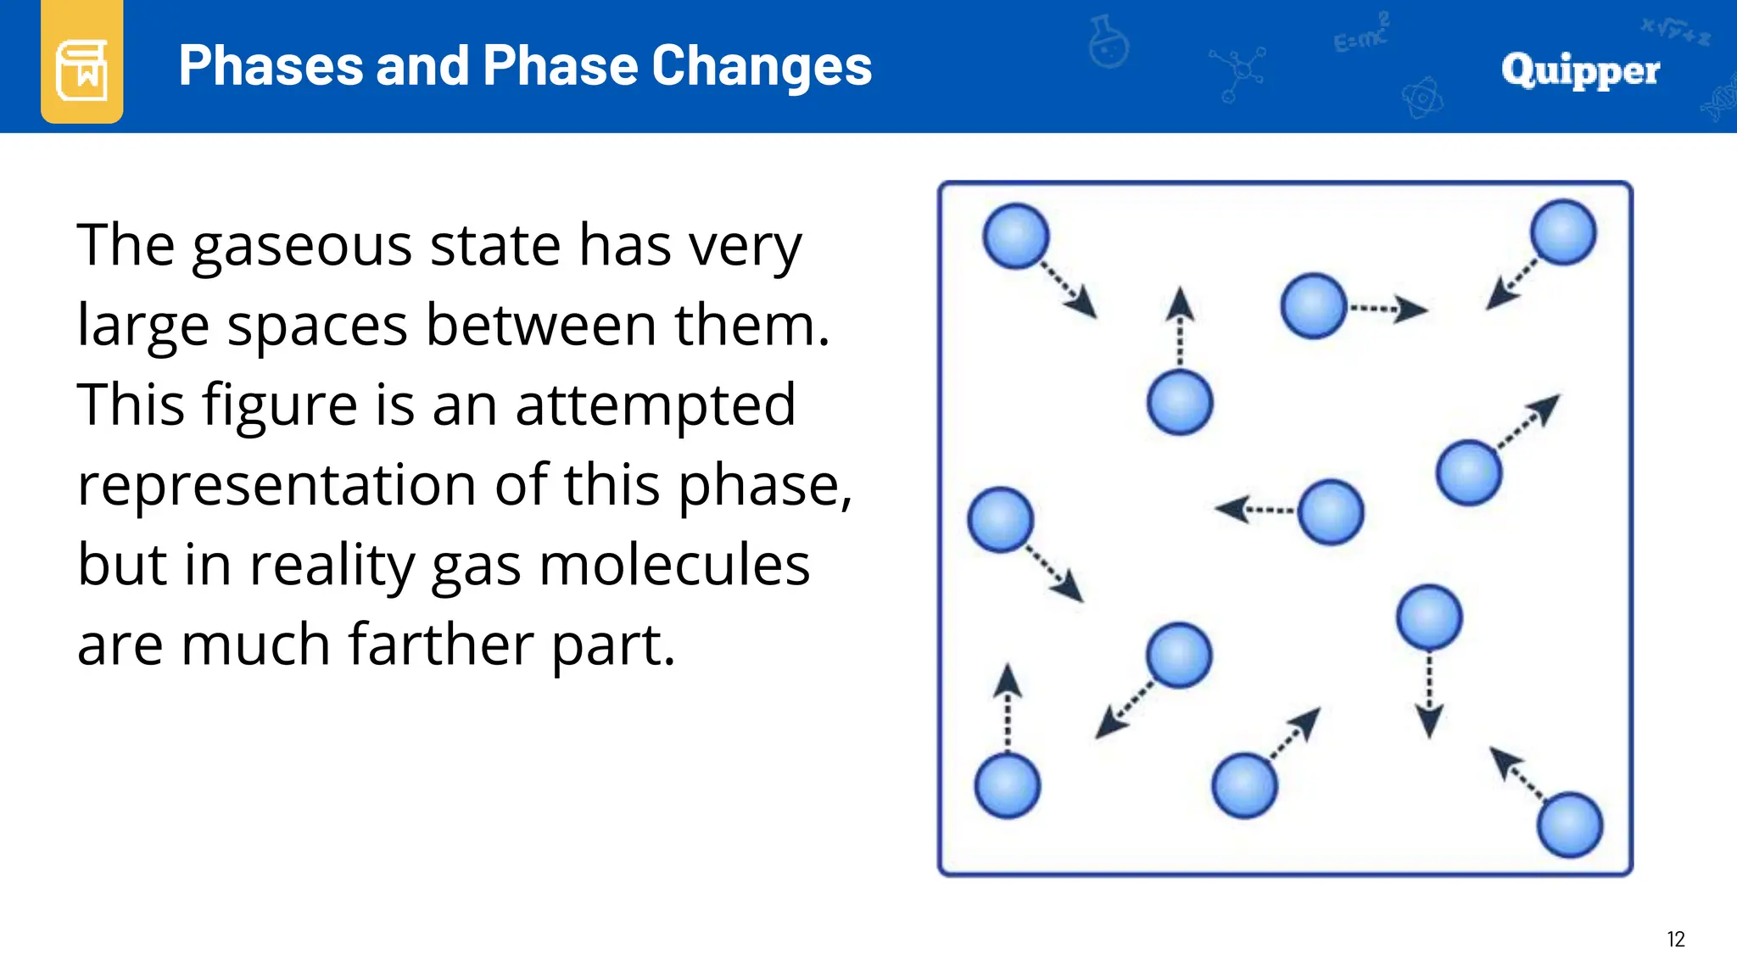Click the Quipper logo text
point(1579,70)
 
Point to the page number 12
point(1675,939)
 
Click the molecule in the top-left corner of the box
point(1015,236)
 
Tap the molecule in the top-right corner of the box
point(1563,232)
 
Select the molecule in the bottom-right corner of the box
point(1570,824)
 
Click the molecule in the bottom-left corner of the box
point(1008,785)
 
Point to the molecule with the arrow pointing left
point(1330,512)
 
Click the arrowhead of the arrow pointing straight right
point(1410,310)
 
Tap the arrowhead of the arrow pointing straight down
point(1429,722)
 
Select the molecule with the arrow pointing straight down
point(1429,617)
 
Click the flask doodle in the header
point(1109,42)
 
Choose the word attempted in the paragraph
point(656,405)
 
